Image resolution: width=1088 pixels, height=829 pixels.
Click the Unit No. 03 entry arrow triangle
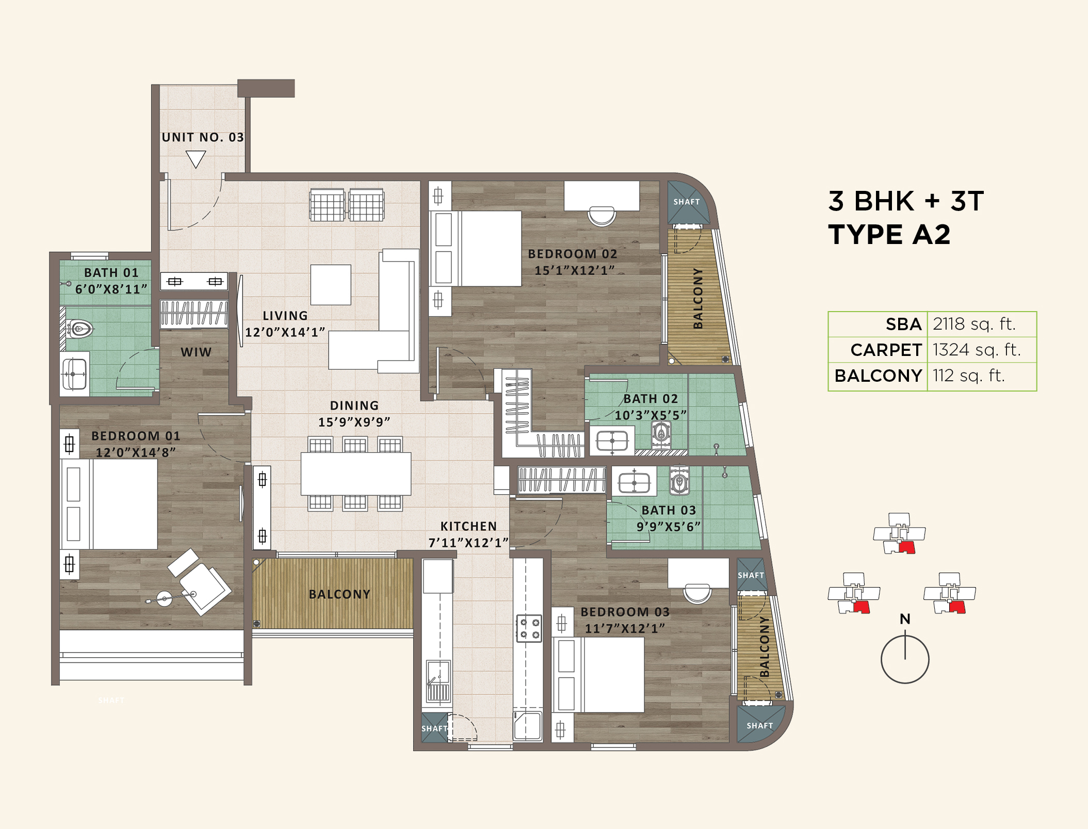pos(196,158)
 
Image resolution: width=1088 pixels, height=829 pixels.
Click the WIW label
pos(196,352)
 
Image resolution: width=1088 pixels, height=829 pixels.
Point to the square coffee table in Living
pos(331,285)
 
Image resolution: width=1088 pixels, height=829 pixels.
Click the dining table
pos(356,474)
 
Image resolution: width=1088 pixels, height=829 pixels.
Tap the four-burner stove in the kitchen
pos(529,628)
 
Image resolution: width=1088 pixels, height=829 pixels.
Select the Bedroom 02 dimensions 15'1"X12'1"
pos(574,270)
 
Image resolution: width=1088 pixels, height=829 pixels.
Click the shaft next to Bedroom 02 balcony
pos(686,202)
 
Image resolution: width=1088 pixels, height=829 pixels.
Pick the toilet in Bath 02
pos(661,433)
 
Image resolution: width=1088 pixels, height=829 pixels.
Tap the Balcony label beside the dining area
pos(339,594)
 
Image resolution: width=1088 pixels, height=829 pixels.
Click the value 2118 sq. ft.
pos(974,324)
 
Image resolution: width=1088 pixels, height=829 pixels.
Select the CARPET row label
pos(886,350)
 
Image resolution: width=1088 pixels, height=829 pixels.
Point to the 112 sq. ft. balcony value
pos(968,376)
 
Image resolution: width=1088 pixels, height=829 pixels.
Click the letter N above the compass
pos(905,619)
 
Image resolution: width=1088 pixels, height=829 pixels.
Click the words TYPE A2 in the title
pos(889,235)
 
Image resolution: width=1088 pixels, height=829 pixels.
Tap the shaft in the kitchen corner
pos(434,728)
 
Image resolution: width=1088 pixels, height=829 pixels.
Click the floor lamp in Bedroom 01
pos(165,599)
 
